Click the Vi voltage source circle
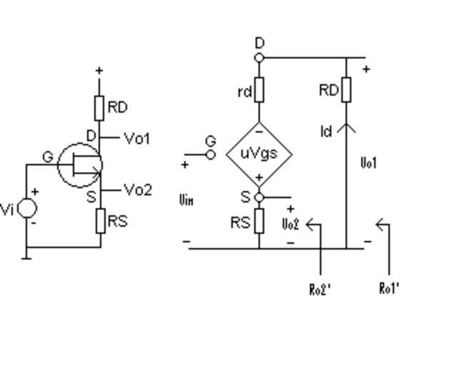[27, 208]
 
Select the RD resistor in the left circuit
[100, 108]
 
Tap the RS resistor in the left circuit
[101, 221]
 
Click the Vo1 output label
[137, 138]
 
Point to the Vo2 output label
[138, 190]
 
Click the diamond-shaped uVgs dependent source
[259, 153]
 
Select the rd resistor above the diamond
[259, 90]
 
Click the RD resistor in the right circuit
[346, 90]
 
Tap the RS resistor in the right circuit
[259, 221]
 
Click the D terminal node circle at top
[259, 58]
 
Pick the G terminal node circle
[211, 154]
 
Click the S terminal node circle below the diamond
[259, 197]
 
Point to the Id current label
[326, 132]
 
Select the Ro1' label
[389, 288]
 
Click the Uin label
[186, 200]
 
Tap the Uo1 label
[368, 163]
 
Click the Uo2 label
[290, 225]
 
